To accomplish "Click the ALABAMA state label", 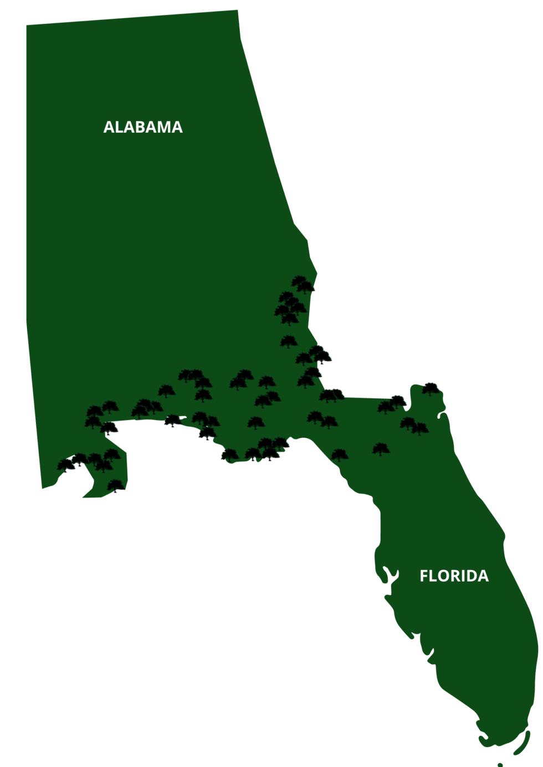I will pyautogui.click(x=143, y=127).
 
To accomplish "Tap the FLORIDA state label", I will pyautogui.click(x=454, y=576).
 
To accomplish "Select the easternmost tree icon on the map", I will pyautogui.click(x=431, y=388).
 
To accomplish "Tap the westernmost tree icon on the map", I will pyautogui.click(x=66, y=465).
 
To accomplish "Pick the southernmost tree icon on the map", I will pyautogui.click(x=115, y=486).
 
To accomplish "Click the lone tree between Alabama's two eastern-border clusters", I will pyautogui.click(x=288, y=341).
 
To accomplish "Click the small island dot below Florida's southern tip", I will pyautogui.click(x=500, y=765).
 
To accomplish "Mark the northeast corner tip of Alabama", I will pyautogui.click(x=238, y=11).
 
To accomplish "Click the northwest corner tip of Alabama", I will pyautogui.click(x=27, y=25).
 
